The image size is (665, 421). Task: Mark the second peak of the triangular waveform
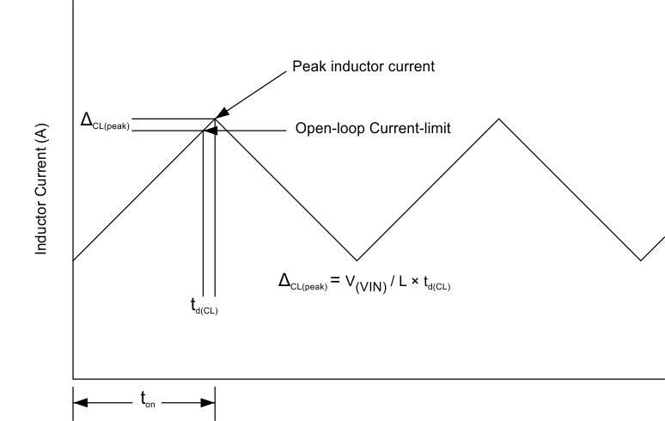coord(497,119)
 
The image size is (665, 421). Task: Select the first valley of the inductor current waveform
coord(357,259)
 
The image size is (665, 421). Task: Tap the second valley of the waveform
coord(640,259)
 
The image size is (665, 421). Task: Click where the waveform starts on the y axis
coord(74,259)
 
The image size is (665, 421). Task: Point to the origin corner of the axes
coord(74,377)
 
